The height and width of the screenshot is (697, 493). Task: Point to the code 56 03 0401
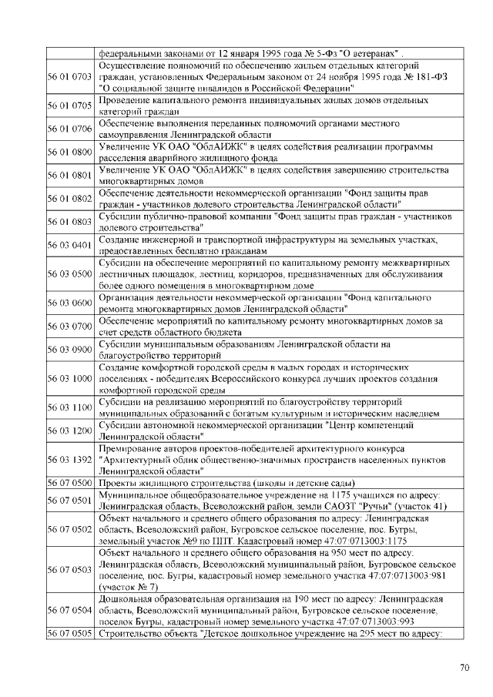coord(70,245)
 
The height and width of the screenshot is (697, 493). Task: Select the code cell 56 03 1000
coord(70,379)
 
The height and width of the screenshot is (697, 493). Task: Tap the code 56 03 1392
coord(70,460)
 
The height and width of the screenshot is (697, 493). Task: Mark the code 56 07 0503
coord(70,569)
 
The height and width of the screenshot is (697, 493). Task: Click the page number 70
coord(464,667)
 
